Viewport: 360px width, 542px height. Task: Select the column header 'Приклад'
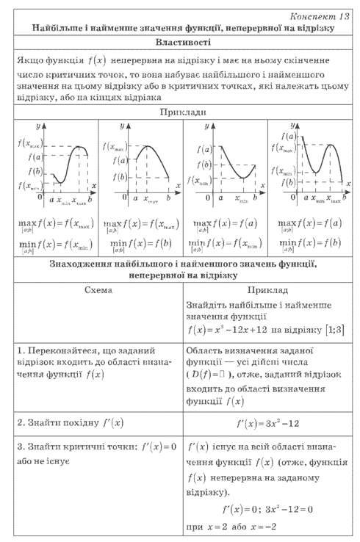(268, 290)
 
